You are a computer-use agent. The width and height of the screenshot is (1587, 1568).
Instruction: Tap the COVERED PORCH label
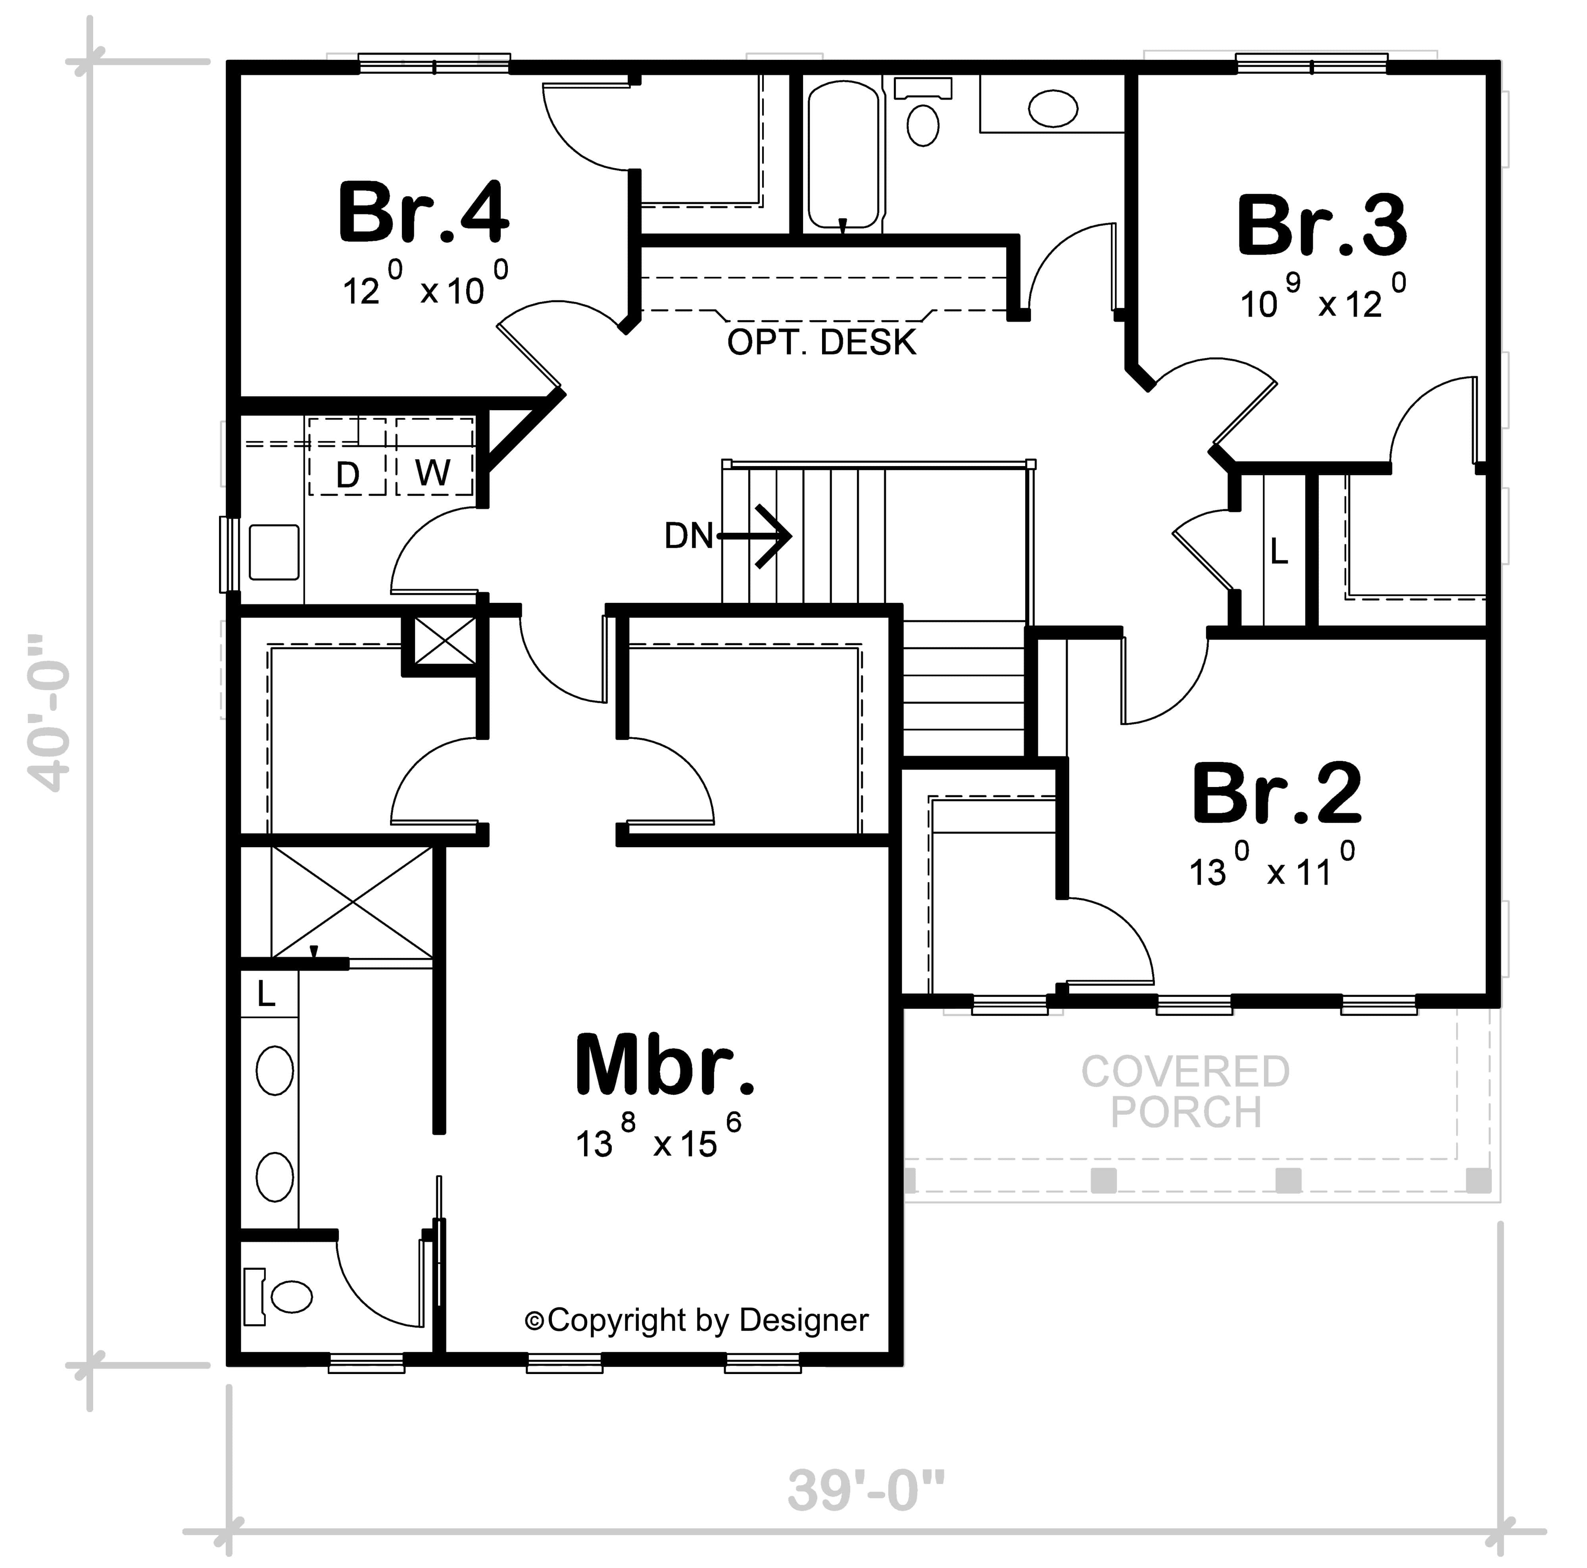tap(1185, 1092)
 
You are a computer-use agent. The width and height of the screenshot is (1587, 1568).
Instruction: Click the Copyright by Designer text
tap(697, 1320)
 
